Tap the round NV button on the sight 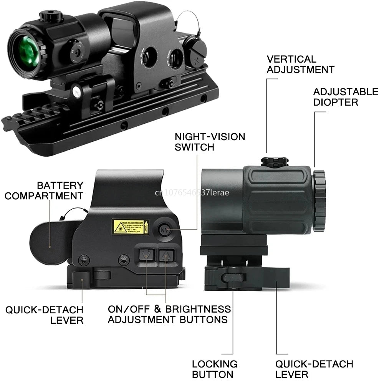pos(164,230)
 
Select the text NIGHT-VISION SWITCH pos(210,142)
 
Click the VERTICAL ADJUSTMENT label pos(300,64)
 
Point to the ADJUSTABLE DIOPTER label pos(345,97)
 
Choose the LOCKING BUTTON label pos(215,369)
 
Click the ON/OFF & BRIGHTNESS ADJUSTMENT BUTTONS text pos(169,314)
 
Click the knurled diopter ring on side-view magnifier pos(319,201)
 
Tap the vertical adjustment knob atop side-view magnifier pos(274,161)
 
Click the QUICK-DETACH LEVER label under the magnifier pos(314,369)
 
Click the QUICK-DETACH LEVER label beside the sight pos(44,314)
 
